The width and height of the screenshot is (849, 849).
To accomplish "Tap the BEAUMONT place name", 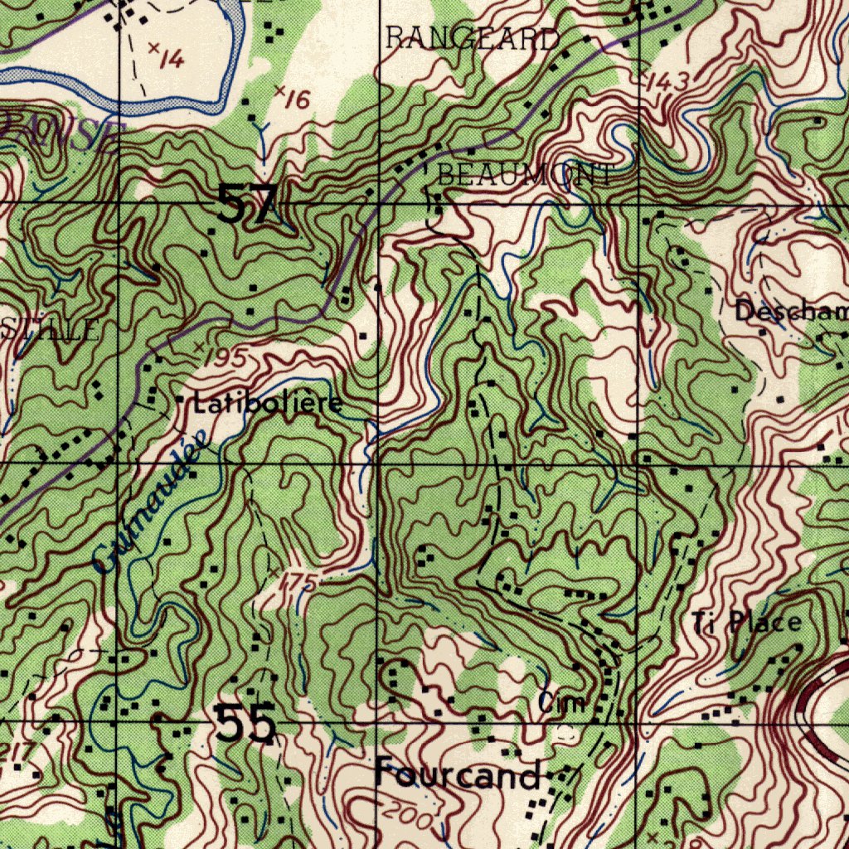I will click(526, 175).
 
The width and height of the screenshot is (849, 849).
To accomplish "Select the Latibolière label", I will click(267, 405).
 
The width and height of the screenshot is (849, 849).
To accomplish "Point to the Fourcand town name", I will click(458, 776).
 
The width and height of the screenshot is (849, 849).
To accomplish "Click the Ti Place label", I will click(747, 622).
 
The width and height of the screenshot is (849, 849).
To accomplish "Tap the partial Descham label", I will click(792, 312).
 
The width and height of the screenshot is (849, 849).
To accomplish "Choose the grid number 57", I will click(246, 204).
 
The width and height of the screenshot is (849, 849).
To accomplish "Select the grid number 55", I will click(245, 724).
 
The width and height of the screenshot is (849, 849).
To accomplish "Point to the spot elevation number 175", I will click(298, 582).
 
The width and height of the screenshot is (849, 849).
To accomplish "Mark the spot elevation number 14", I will click(172, 57).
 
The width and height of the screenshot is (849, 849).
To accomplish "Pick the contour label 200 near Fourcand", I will click(408, 817).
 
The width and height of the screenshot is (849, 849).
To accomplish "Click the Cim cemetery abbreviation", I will click(562, 704).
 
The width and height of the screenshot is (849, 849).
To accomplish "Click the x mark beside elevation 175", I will click(274, 572).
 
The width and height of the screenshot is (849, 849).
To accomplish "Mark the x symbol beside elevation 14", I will click(153, 49).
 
